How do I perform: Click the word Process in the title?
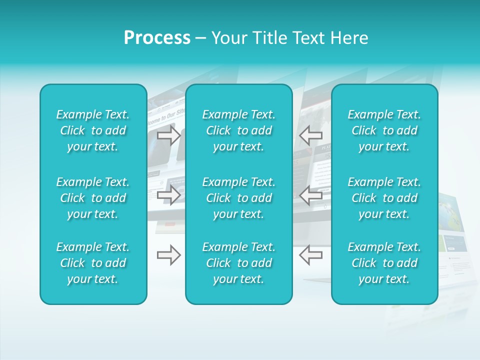[x=157, y=38]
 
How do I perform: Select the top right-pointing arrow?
[x=169, y=135]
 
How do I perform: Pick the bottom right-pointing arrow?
[x=169, y=255]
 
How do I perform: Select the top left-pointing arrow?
[x=310, y=135]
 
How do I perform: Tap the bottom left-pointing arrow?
[x=310, y=255]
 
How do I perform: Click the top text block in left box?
[x=93, y=130]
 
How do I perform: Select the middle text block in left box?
[x=93, y=198]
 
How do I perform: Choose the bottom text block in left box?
[x=93, y=263]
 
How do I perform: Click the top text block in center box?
[x=238, y=130]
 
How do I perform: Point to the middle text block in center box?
[x=238, y=198]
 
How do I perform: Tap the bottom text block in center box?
[x=238, y=263]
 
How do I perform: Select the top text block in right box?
[x=384, y=130]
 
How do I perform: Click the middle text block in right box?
[x=384, y=198]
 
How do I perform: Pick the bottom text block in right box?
[x=384, y=263]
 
